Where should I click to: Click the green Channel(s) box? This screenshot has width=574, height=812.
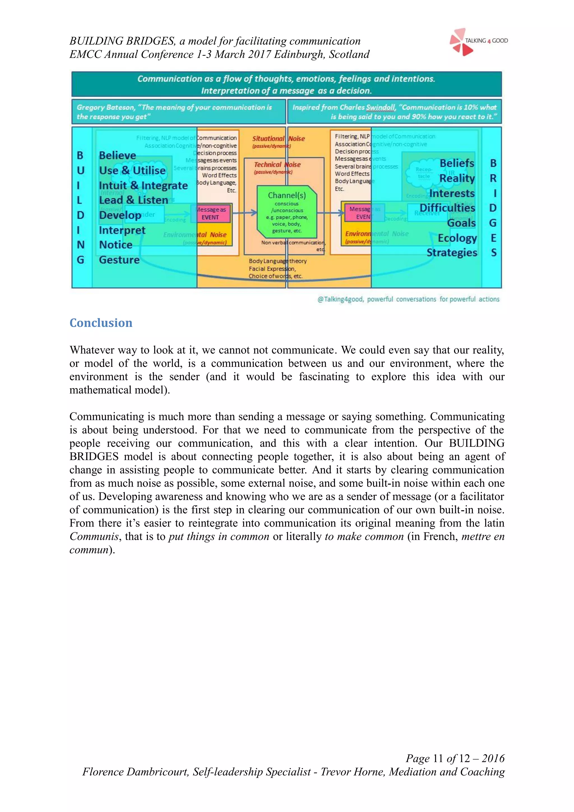point(287,211)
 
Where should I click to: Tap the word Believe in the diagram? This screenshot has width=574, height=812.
point(117,155)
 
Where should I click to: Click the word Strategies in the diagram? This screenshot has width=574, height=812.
point(452,252)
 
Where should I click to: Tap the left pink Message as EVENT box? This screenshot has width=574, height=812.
point(211,213)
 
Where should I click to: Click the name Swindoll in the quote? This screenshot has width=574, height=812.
point(380,107)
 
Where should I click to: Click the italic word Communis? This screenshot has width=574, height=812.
point(94,537)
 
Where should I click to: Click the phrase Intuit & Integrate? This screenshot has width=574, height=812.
point(143,185)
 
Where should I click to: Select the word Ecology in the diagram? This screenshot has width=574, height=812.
point(457,238)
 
